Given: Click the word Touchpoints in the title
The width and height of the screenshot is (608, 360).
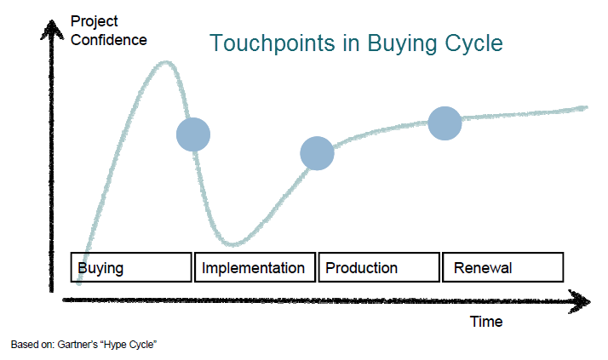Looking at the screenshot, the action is pyautogui.click(x=272, y=43).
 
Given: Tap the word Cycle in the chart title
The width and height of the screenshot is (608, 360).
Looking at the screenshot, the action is pyautogui.click(x=473, y=43).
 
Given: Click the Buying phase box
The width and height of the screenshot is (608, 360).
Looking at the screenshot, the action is pyautogui.click(x=131, y=267).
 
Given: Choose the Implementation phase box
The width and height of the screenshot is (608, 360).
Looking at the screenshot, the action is pyautogui.click(x=255, y=267).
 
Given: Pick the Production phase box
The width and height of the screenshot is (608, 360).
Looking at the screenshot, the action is pyautogui.click(x=379, y=267).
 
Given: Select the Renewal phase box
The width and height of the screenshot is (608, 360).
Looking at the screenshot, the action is pyautogui.click(x=503, y=267).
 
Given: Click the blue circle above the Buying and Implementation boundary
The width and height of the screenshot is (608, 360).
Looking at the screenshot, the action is pyautogui.click(x=193, y=134).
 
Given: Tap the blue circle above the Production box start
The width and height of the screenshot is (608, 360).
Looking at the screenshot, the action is pyautogui.click(x=317, y=153).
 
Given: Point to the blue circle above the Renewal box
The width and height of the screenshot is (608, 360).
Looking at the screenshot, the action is pyautogui.click(x=445, y=123).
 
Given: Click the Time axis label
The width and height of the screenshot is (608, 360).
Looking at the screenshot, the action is pyautogui.click(x=486, y=322).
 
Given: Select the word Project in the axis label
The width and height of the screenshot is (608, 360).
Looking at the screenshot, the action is pyautogui.click(x=95, y=22).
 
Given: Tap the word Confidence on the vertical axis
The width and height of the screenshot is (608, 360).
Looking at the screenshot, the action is pyautogui.click(x=109, y=40).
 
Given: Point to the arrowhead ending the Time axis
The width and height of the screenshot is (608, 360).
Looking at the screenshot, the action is pyautogui.click(x=580, y=301).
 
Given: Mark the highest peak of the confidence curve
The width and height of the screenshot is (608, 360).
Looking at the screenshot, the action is pyautogui.click(x=166, y=62).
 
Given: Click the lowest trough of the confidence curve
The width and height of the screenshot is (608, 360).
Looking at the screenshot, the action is pyautogui.click(x=233, y=244).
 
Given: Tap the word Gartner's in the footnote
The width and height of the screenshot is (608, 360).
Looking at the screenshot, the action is pyautogui.click(x=77, y=345).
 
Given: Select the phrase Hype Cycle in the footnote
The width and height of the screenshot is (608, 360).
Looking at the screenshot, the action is pyautogui.click(x=129, y=345).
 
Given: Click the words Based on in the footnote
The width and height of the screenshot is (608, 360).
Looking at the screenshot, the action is pyautogui.click(x=32, y=345).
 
